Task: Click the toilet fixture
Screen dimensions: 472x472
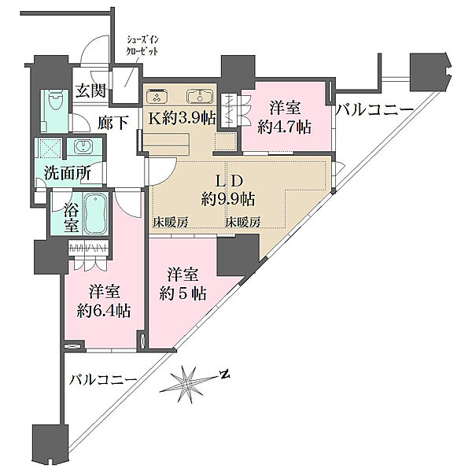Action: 55,101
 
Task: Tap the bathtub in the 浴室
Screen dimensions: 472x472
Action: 96,213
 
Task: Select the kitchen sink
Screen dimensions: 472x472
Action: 200,97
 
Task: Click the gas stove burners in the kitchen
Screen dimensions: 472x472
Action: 157,96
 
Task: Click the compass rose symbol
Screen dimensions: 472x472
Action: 187,384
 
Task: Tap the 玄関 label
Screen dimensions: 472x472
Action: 90,90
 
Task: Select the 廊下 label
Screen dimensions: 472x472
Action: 113,123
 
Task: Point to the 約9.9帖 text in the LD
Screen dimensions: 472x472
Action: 228,198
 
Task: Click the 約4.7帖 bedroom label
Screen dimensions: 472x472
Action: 285,127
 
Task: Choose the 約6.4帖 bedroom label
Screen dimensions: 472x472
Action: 104,311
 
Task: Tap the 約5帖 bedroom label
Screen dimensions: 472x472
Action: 183,293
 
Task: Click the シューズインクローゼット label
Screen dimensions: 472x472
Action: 142,46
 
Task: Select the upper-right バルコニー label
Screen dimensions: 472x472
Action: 374,110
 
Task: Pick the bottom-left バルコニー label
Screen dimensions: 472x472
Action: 102,380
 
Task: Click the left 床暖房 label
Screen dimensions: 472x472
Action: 171,222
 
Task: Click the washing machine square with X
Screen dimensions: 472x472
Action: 50,148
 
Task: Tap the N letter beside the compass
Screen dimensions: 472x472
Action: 224,374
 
